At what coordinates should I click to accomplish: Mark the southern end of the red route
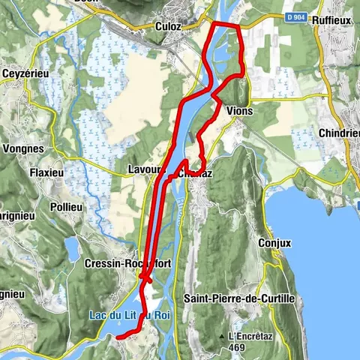[118, 337]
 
